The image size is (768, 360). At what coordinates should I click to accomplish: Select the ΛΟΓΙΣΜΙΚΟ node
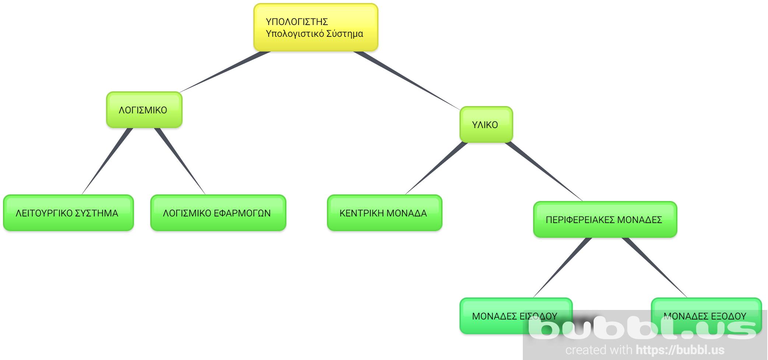pyautogui.click(x=144, y=110)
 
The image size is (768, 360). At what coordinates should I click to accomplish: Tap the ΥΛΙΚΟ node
pyautogui.click(x=486, y=125)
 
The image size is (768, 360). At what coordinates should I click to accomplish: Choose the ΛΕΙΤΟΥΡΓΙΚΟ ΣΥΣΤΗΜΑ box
pyautogui.click(x=68, y=213)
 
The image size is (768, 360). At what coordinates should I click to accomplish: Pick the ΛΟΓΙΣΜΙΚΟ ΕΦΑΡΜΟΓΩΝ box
pyautogui.click(x=218, y=213)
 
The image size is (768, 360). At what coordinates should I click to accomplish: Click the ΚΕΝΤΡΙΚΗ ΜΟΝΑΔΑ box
pyautogui.click(x=384, y=213)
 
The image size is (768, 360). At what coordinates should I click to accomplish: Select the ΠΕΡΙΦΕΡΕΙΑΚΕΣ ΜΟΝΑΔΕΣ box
pyautogui.click(x=605, y=220)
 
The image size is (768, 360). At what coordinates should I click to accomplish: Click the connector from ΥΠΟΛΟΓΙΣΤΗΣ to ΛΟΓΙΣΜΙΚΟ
pyautogui.click(x=225, y=72)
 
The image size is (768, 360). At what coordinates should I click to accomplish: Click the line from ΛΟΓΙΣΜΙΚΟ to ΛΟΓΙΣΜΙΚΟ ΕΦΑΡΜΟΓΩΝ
pyautogui.click(x=180, y=160)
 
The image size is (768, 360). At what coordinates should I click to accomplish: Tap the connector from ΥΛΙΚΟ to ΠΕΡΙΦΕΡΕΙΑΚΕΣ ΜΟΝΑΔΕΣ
pyautogui.click(x=543, y=171)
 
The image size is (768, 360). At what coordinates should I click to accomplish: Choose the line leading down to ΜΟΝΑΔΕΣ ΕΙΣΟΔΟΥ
pyautogui.click(x=563, y=267)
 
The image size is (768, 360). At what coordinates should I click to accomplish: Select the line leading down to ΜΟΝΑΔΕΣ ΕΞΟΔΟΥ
pyautogui.click(x=655, y=267)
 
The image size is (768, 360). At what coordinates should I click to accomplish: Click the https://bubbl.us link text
pyautogui.click(x=680, y=350)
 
